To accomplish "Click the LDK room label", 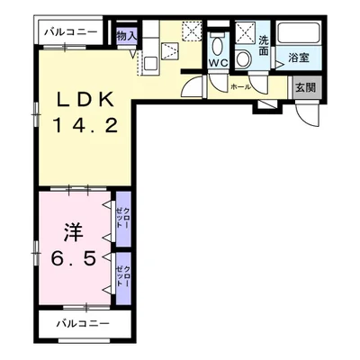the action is pyautogui.click(x=85, y=99).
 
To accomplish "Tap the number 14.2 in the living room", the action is pyautogui.click(x=85, y=125).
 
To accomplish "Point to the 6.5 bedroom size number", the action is pyautogui.click(x=74, y=257).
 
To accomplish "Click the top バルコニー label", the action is pyautogui.click(x=71, y=31).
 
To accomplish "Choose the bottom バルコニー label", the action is pyautogui.click(x=83, y=323).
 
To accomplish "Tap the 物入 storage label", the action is pyautogui.click(x=127, y=36).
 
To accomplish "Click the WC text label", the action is pyautogui.click(x=219, y=63).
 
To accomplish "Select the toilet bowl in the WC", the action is pyautogui.click(x=218, y=44).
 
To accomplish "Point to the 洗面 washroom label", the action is pyautogui.click(x=264, y=45).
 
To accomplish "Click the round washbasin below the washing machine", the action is pyautogui.click(x=243, y=58).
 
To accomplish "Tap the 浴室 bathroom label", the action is pyautogui.click(x=299, y=58).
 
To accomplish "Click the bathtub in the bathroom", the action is pyautogui.click(x=299, y=33).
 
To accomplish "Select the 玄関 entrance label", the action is pyautogui.click(x=305, y=87).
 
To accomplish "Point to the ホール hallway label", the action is pyautogui.click(x=240, y=87).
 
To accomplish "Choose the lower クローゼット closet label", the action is pyautogui.click(x=123, y=275).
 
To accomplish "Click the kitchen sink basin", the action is pyautogui.click(x=150, y=64).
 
